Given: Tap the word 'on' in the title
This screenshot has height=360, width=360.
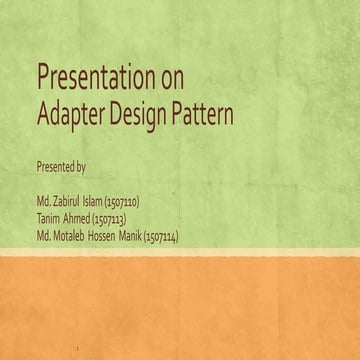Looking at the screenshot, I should pyautogui.click(x=171, y=77).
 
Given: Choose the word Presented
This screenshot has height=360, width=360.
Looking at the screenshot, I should pyautogui.click(x=54, y=162).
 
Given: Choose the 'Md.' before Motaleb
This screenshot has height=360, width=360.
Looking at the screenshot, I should pyautogui.click(x=43, y=236).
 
